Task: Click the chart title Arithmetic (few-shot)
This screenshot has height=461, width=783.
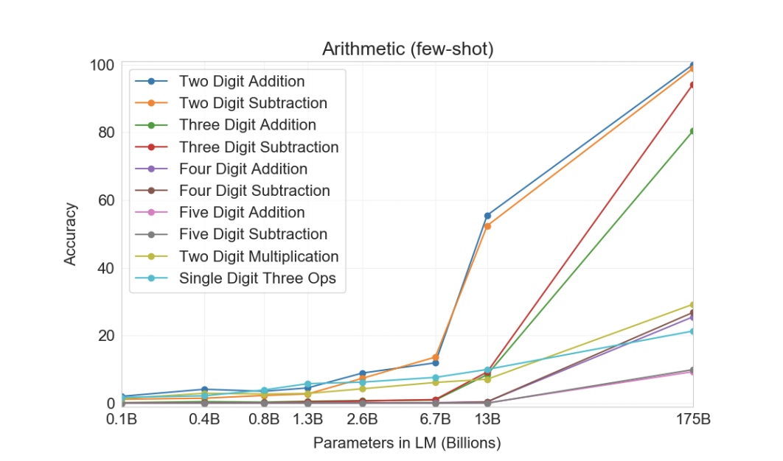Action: coord(407,49)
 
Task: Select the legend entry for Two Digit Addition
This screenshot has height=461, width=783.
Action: coord(241,81)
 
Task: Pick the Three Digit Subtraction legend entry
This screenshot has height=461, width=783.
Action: coord(258,147)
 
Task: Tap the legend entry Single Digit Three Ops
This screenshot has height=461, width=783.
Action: coord(258,279)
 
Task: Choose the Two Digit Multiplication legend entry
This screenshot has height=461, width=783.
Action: coord(258,257)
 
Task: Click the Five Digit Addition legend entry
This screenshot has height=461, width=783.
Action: coord(241,213)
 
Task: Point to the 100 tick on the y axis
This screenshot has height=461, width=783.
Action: coord(103,66)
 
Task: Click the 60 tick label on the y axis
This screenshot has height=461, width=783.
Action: coord(106,200)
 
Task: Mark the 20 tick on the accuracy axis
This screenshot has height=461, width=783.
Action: coord(106,336)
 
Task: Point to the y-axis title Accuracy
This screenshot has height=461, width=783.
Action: coord(70,234)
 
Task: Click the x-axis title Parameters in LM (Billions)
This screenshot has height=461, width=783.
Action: coord(407,443)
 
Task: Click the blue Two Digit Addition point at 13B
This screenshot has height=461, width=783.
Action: coord(487,216)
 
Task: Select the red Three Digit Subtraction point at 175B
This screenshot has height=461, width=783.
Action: coord(693,85)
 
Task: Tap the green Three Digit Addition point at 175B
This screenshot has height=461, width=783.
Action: coord(693,131)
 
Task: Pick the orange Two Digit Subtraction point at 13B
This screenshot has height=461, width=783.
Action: coord(487,226)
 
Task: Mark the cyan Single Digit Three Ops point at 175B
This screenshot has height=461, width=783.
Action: coord(693,331)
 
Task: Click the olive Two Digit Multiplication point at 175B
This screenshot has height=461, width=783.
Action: coord(693,304)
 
